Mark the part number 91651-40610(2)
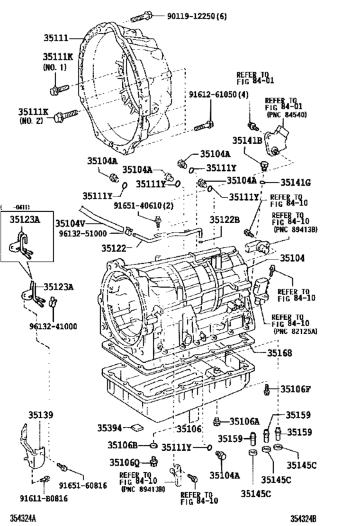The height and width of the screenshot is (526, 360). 145,206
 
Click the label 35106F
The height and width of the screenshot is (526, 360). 295,389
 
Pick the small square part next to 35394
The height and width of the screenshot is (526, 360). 136,428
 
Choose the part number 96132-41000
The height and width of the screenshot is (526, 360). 51,326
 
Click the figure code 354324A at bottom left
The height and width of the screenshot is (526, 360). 22,518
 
